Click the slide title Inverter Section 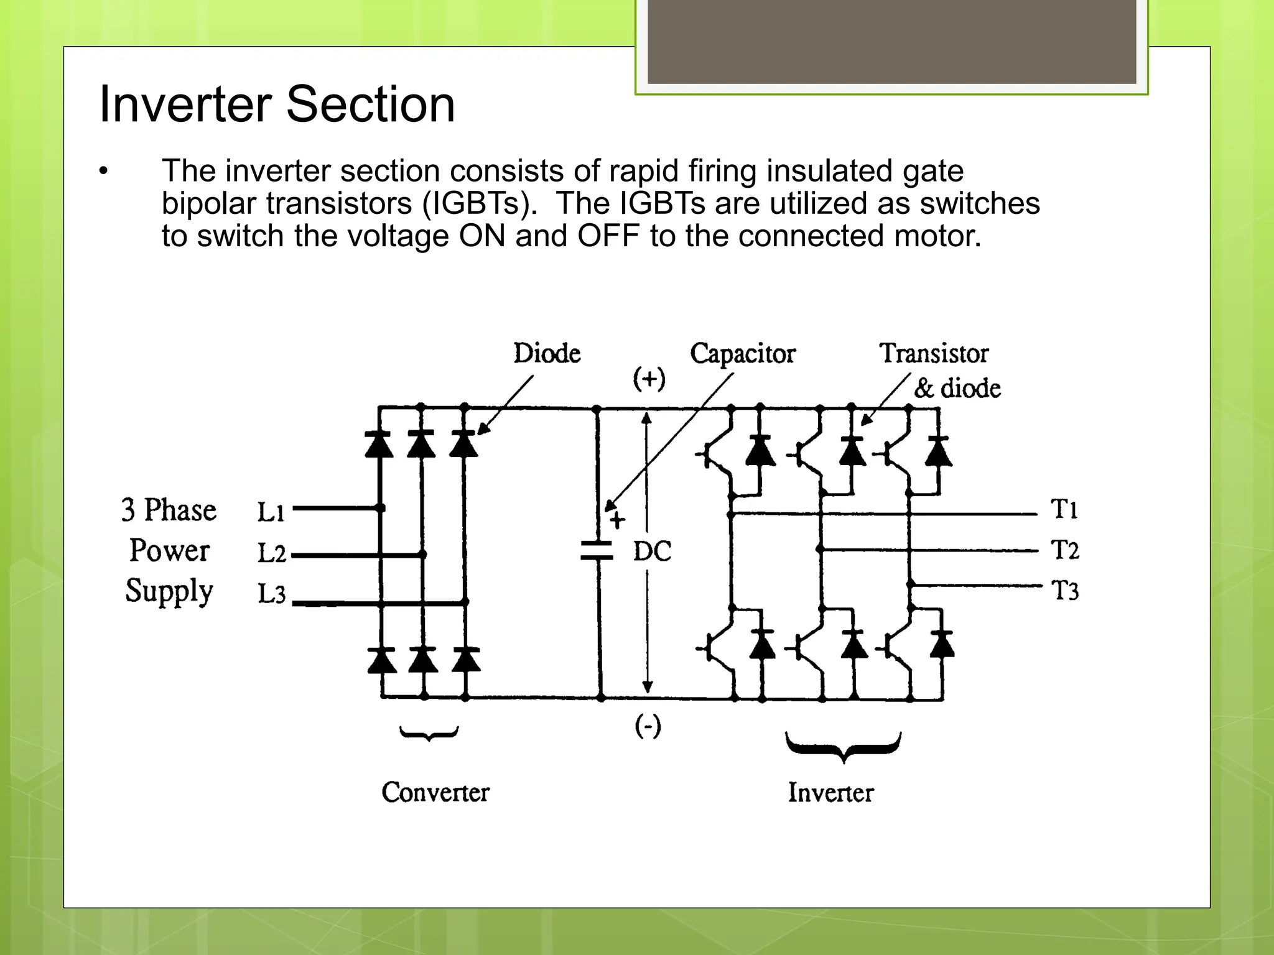[277, 104]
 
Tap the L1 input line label [271, 512]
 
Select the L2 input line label [272, 553]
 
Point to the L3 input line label [272, 594]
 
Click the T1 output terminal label [1064, 509]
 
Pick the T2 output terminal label [1065, 550]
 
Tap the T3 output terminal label [1065, 591]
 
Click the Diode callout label [547, 353]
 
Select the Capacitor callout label [743, 353]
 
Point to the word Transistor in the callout [934, 353]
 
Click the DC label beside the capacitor [652, 551]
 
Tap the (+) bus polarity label [649, 379]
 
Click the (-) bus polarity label [648, 726]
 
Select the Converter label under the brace [435, 792]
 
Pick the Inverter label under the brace [830, 793]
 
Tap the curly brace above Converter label [429, 734]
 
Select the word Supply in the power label [169, 591]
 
